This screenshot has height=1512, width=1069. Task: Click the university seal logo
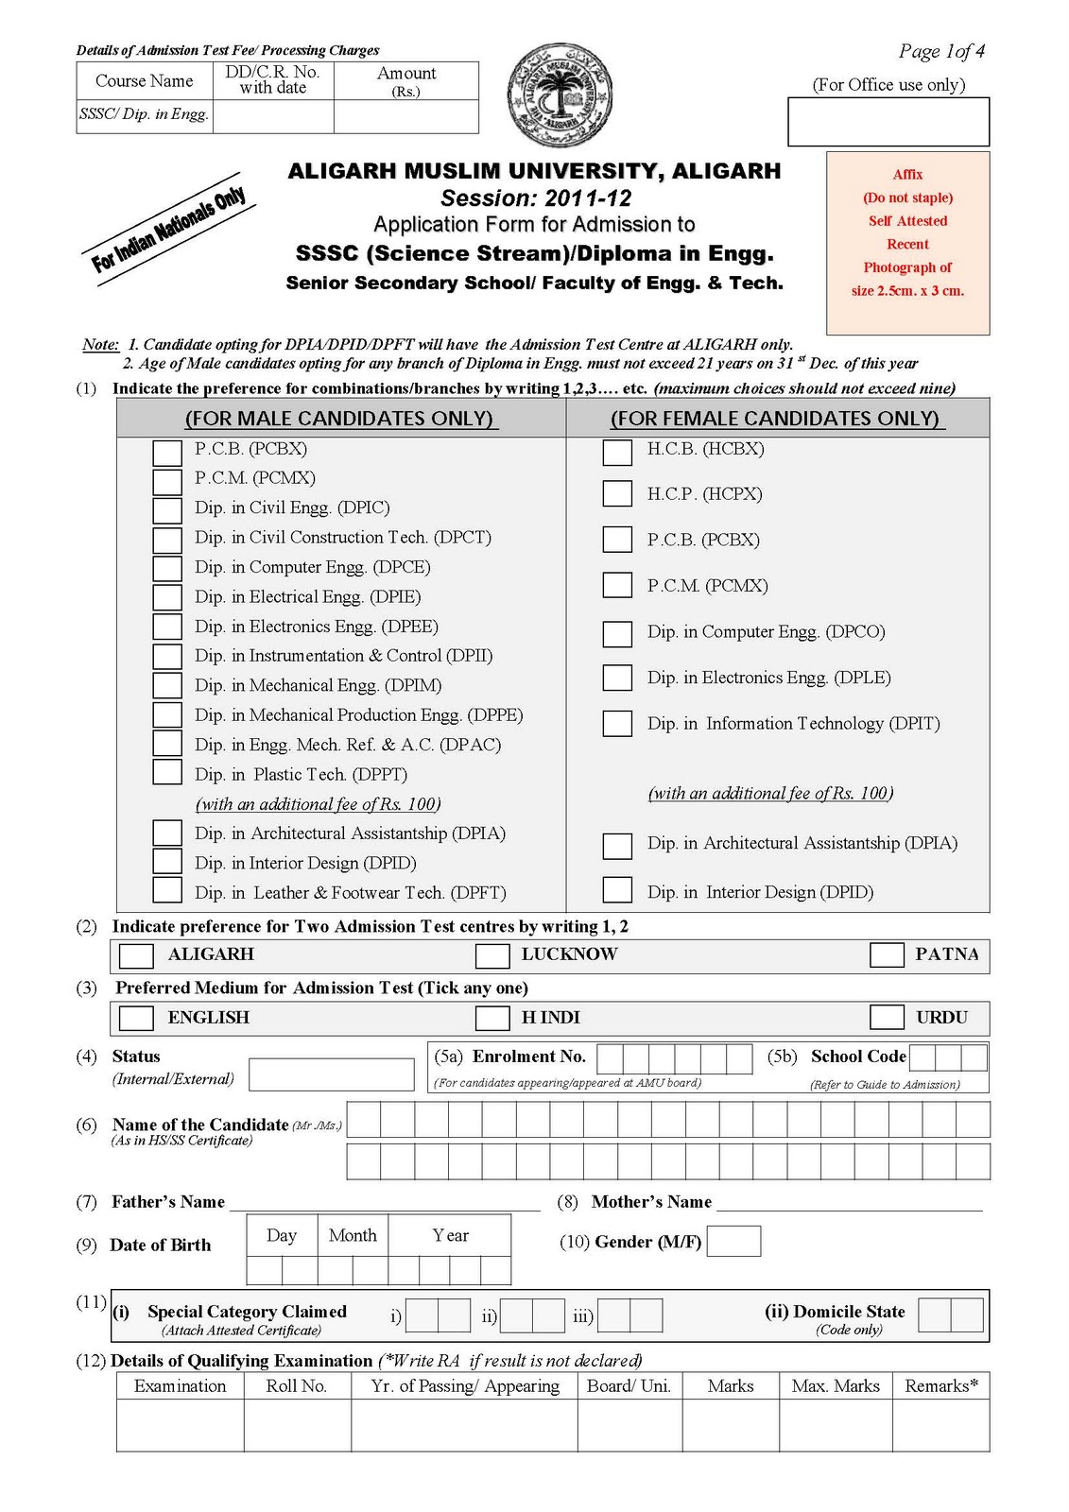(x=560, y=95)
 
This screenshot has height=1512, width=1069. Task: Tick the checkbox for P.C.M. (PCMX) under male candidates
(x=167, y=481)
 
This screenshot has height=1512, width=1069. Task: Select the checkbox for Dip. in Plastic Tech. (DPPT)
(x=167, y=772)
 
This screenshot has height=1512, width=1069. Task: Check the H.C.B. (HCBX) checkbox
(x=617, y=452)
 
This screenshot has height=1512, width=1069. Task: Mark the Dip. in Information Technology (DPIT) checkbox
(x=617, y=723)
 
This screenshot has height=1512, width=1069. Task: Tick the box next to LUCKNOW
(x=492, y=955)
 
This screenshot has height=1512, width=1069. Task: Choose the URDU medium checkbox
(x=887, y=1017)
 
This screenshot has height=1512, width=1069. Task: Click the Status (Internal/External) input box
(x=331, y=1074)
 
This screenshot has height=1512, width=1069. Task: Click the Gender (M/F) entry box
(x=733, y=1241)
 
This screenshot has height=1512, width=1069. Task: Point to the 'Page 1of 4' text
(x=941, y=51)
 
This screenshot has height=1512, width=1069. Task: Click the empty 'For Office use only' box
(x=888, y=122)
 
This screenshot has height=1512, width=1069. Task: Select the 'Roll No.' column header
(x=297, y=1386)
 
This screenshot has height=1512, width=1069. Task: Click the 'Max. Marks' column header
(x=836, y=1386)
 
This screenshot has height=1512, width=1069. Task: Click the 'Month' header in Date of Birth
(x=353, y=1235)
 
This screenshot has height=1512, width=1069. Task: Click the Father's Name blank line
(x=385, y=1203)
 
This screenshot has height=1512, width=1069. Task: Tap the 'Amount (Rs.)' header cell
(x=406, y=81)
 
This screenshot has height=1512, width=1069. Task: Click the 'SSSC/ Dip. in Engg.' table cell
(x=145, y=115)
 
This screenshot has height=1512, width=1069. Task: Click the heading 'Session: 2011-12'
(x=535, y=198)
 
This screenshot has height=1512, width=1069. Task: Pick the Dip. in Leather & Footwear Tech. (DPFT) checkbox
(x=167, y=890)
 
